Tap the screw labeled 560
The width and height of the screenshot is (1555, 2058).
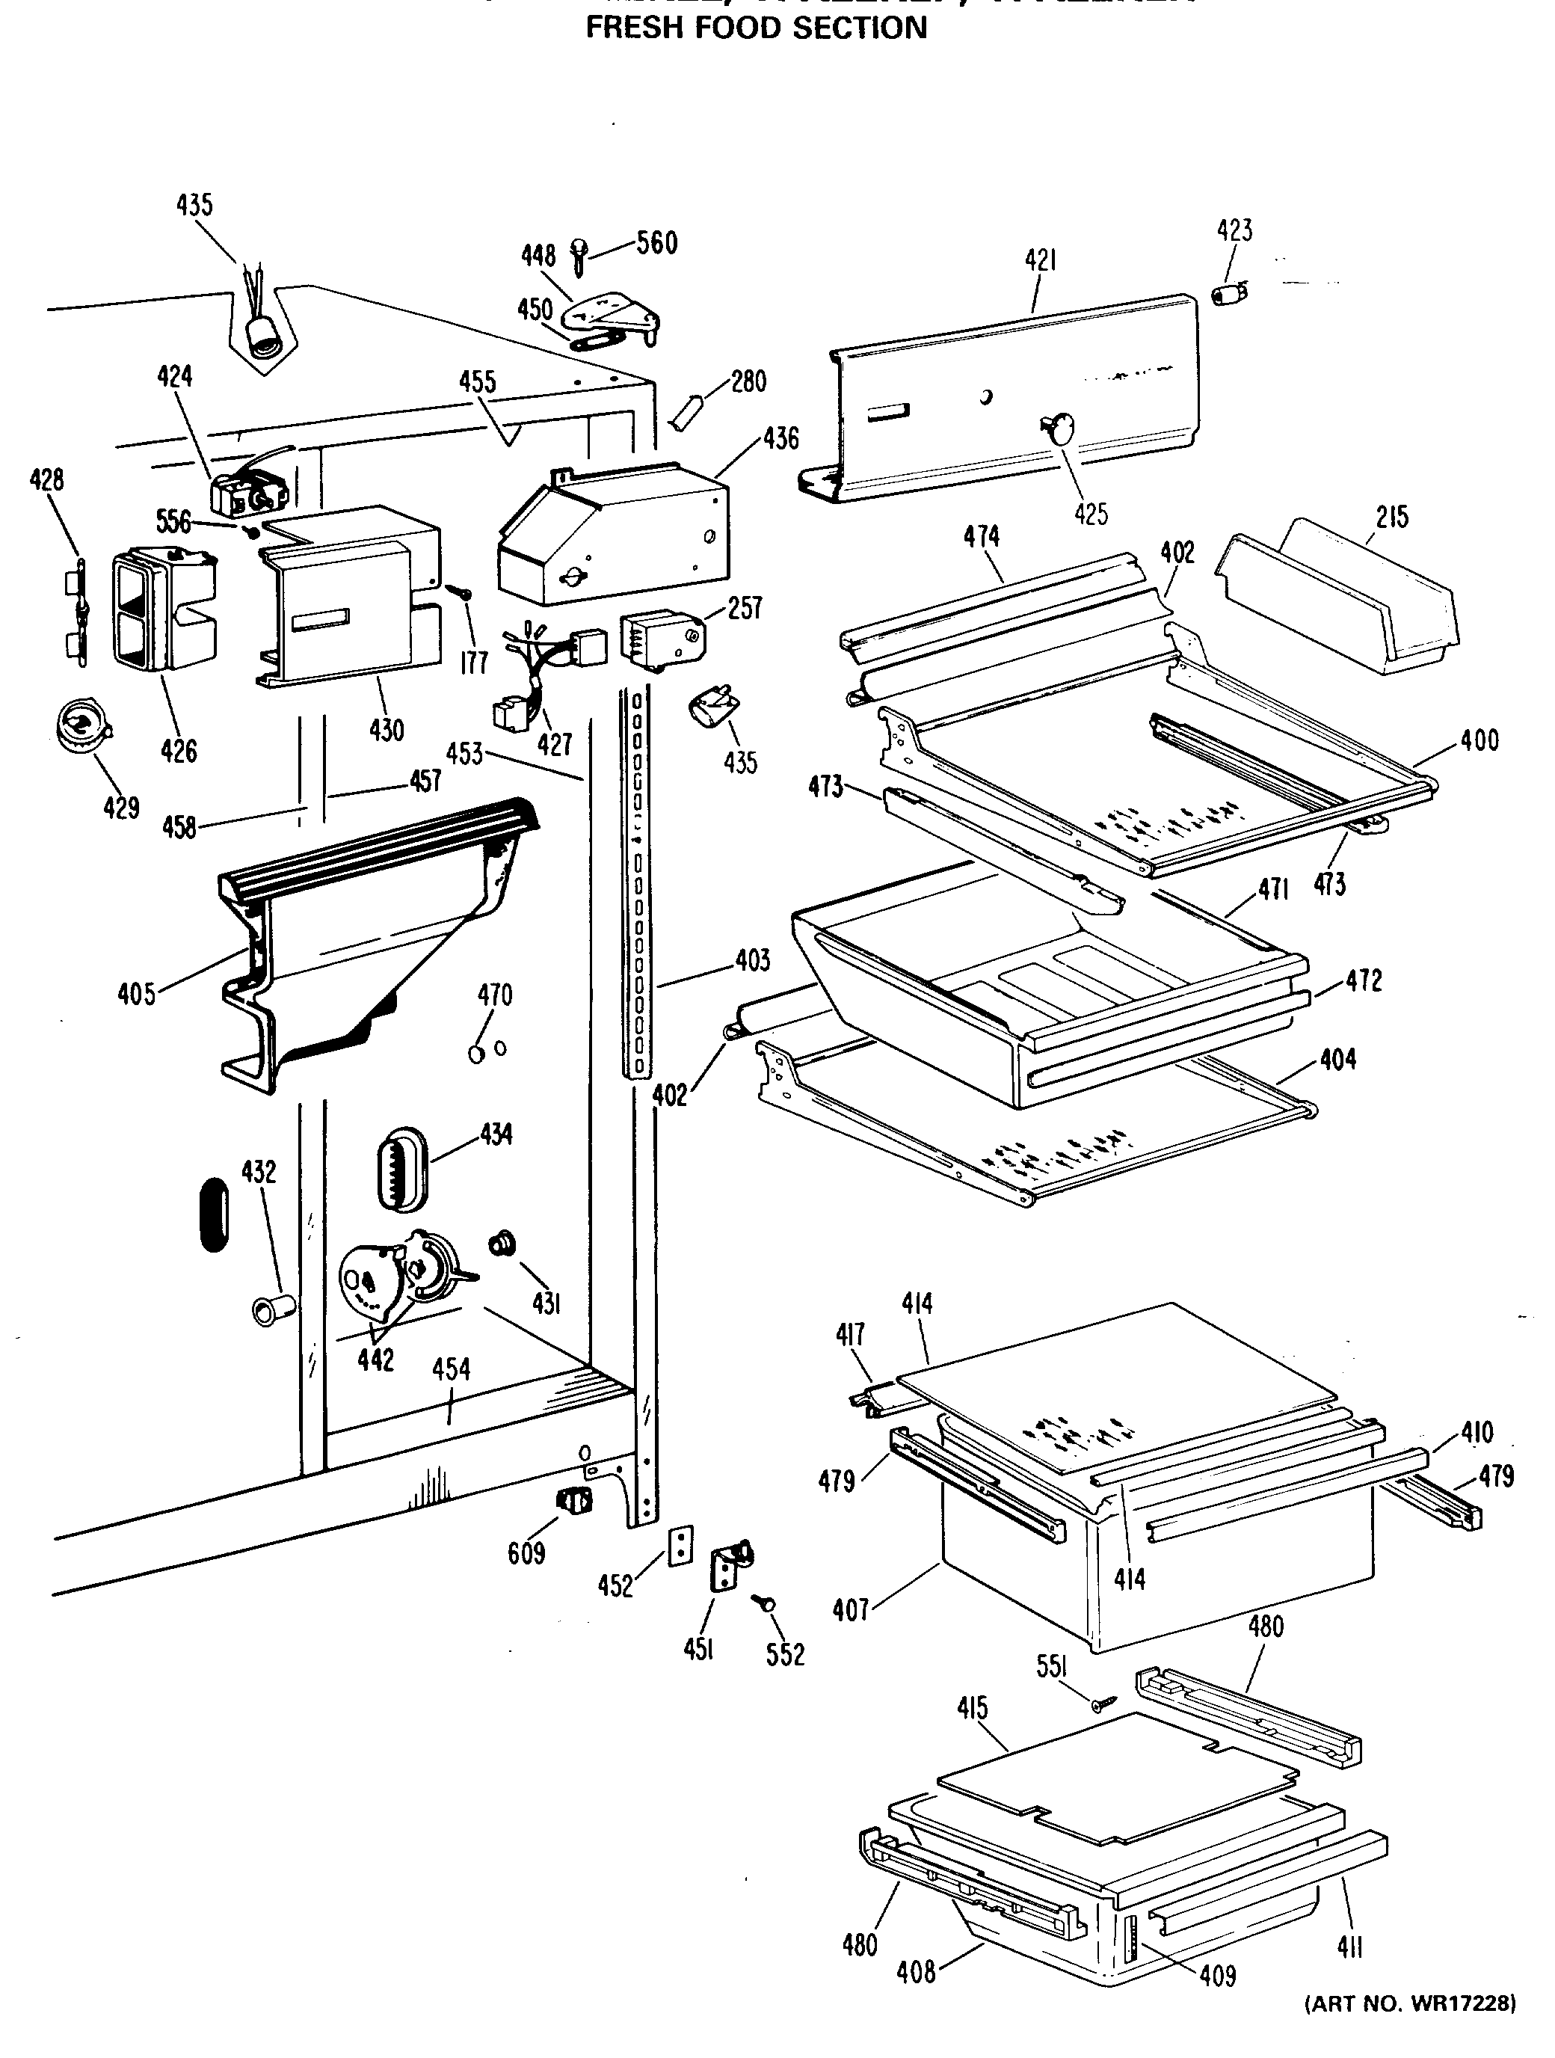pyautogui.click(x=579, y=255)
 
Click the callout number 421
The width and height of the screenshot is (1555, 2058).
pyautogui.click(x=1040, y=262)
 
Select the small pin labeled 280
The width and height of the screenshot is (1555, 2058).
pyautogui.click(x=689, y=411)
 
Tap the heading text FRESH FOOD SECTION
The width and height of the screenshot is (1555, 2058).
pyautogui.click(x=756, y=28)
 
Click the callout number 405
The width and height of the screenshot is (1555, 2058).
pyautogui.click(x=136, y=995)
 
